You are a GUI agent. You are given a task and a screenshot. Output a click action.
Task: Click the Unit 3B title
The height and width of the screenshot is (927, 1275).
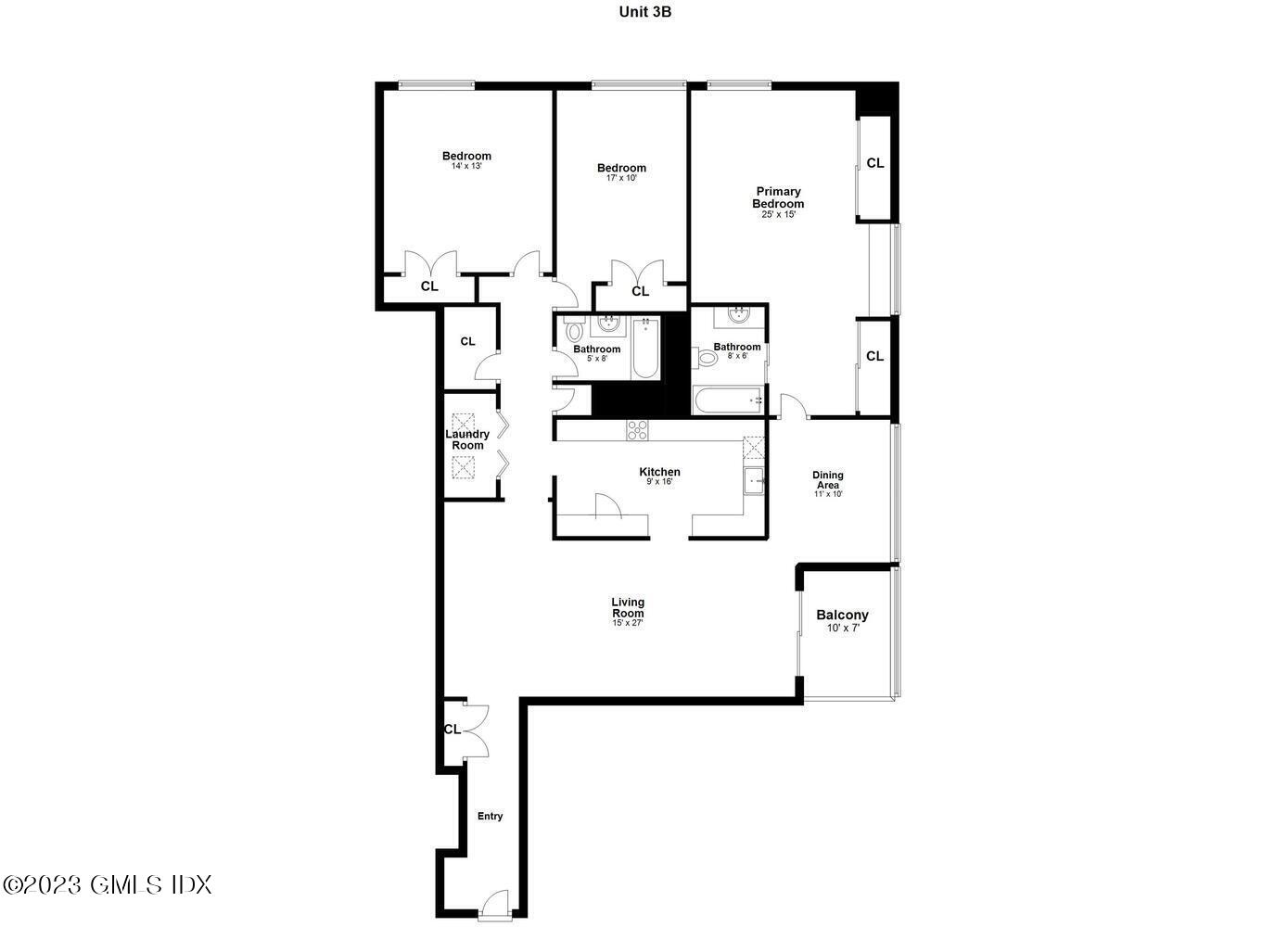639,12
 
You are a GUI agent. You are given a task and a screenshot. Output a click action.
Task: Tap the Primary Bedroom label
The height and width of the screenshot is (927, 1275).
778,197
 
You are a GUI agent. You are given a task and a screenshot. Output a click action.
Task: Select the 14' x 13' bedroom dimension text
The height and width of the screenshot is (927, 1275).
466,167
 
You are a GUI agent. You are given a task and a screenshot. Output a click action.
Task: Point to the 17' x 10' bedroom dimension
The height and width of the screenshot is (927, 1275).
621,178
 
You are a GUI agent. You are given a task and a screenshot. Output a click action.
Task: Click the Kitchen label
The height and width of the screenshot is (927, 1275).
659,472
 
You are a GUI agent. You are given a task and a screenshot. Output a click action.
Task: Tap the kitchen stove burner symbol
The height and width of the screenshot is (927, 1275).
637,428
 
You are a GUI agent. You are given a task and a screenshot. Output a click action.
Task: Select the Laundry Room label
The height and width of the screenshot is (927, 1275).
467,439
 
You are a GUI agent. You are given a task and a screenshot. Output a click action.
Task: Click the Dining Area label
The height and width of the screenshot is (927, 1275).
828,480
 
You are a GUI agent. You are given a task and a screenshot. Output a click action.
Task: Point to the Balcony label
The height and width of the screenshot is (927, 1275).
842,615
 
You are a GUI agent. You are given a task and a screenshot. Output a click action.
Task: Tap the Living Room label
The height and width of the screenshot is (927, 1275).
628,607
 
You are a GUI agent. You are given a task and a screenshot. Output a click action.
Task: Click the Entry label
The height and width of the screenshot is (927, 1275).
490,817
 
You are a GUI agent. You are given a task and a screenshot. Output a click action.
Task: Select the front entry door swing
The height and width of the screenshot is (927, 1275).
496,903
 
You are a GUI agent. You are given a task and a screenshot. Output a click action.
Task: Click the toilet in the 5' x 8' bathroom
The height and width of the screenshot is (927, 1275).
575,330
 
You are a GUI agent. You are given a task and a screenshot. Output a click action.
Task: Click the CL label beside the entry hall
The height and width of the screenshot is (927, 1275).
452,730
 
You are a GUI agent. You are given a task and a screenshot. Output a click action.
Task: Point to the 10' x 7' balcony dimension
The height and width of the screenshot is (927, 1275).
843,629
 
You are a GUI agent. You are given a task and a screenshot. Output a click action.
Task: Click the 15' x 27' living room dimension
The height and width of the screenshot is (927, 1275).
628,623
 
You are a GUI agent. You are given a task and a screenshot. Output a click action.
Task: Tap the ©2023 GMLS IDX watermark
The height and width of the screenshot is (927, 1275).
108,884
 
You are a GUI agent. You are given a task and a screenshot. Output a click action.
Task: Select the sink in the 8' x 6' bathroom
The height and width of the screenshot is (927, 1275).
739,315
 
